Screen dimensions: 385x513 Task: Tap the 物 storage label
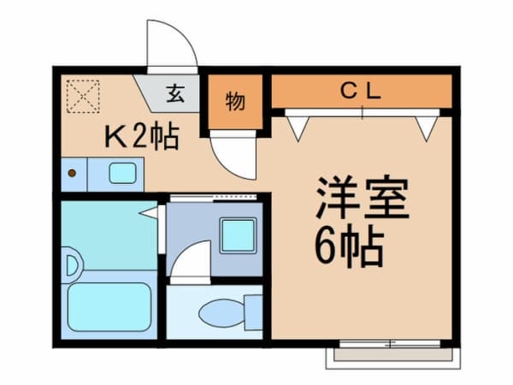click(234, 102)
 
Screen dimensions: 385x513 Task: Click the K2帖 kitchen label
click(142, 136)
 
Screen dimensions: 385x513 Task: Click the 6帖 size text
click(349, 248)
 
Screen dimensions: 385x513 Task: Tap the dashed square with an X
click(83, 95)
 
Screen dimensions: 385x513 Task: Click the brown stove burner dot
click(72, 174)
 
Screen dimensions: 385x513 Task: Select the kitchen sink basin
click(122, 174)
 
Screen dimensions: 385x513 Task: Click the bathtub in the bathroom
click(109, 305)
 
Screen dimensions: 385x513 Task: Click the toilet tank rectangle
click(252, 311)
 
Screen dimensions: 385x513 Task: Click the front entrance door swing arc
click(171, 43)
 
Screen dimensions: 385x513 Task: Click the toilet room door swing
click(190, 260)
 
